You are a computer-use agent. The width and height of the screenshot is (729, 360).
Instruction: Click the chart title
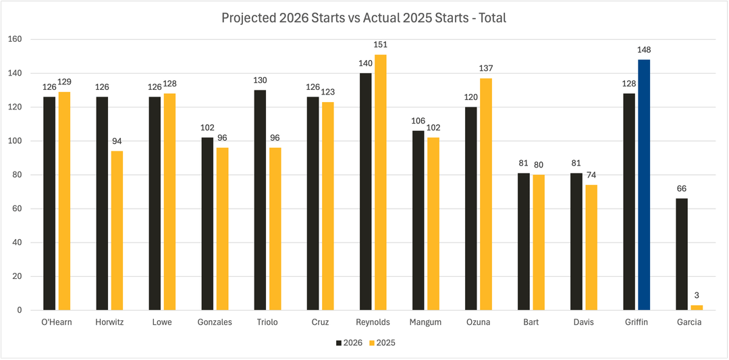tap(364, 18)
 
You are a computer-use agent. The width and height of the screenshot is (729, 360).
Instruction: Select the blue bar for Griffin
tap(644, 184)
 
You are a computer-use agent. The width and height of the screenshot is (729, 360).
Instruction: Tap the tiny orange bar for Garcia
tap(697, 307)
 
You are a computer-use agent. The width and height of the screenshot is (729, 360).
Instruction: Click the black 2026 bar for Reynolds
tap(365, 191)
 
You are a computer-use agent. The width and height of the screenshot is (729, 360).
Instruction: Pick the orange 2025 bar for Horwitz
tap(117, 230)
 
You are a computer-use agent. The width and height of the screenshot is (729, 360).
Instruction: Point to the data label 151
tap(381, 45)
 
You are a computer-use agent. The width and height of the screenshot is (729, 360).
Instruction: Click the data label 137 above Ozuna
tap(486, 68)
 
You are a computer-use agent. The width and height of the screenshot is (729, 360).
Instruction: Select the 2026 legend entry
tap(349, 342)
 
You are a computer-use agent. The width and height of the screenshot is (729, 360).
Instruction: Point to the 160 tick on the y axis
tap(15, 39)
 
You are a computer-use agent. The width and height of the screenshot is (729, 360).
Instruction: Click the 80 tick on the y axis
tap(17, 175)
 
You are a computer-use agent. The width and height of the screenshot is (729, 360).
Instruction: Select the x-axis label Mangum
tap(425, 322)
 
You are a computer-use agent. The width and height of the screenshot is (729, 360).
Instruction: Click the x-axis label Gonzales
tap(214, 322)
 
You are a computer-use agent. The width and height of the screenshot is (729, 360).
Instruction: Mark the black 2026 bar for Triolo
tap(260, 200)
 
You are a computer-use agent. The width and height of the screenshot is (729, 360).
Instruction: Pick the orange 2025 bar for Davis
tap(591, 247)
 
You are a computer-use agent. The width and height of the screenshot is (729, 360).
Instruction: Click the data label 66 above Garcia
tap(682, 188)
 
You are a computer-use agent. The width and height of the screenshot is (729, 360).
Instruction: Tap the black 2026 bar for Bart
tap(524, 242)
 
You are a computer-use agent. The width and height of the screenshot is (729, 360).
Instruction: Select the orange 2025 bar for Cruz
tap(328, 206)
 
